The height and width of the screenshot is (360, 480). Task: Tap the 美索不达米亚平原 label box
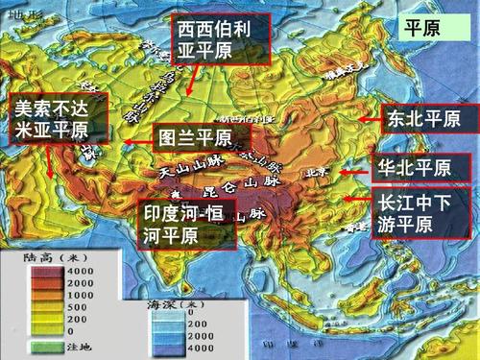[56, 119]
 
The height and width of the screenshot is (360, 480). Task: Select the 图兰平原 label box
[201, 137]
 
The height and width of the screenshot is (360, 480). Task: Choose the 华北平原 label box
[420, 167]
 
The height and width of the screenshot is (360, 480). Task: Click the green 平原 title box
[423, 29]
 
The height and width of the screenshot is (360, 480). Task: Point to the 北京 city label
[317, 173]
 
